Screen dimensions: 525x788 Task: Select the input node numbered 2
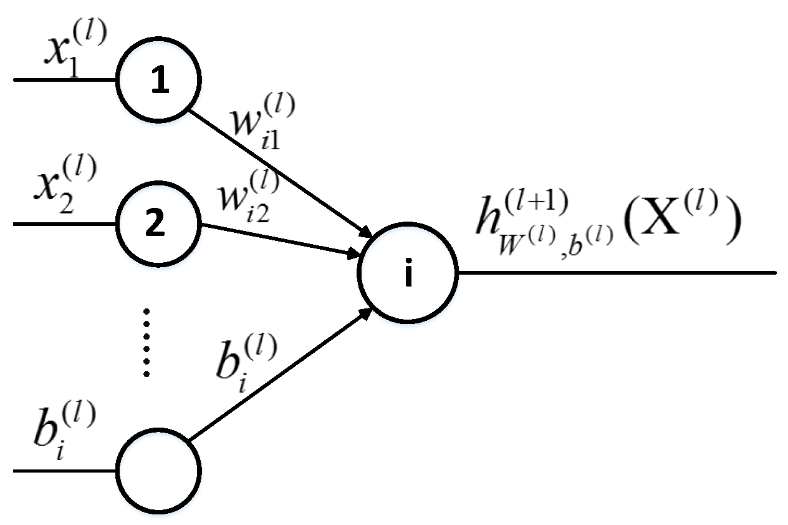click(x=159, y=223)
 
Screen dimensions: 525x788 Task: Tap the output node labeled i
click(x=408, y=273)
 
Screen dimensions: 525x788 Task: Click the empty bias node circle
click(x=159, y=470)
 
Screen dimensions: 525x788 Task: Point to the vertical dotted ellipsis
click(x=147, y=342)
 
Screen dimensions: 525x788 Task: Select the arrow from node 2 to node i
click(x=281, y=240)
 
